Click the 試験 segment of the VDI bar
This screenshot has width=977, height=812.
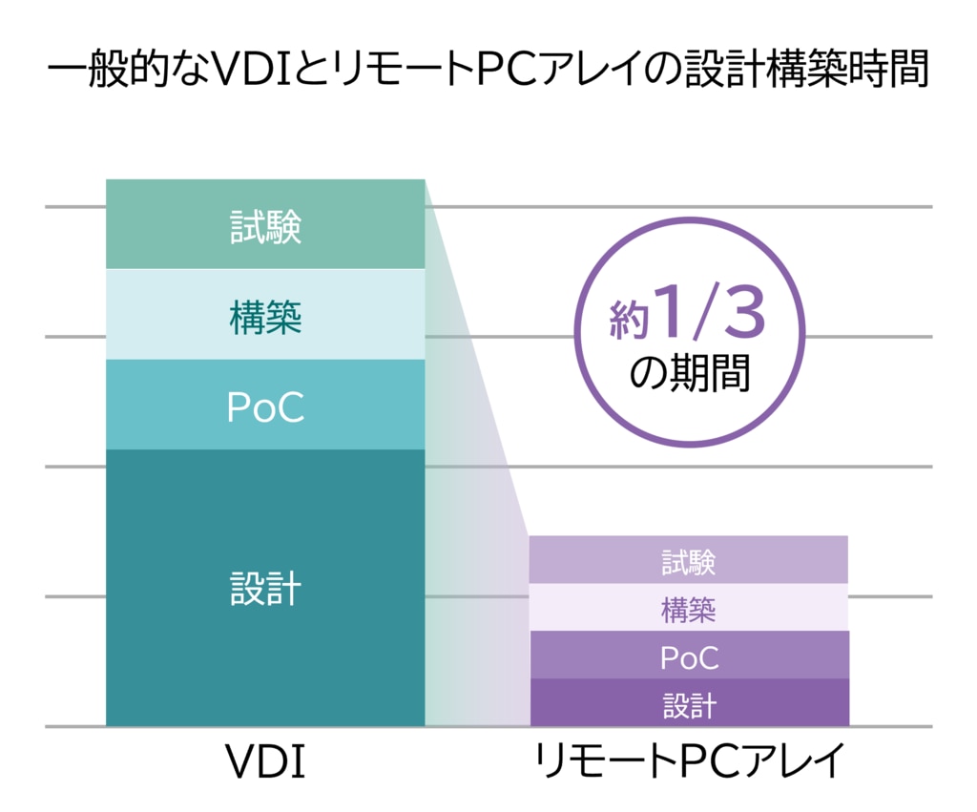point(265,224)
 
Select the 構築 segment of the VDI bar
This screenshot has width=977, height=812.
point(265,314)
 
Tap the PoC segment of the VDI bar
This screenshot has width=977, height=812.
point(265,405)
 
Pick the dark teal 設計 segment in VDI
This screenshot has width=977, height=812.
point(265,588)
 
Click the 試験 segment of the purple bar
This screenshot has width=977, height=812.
point(689,559)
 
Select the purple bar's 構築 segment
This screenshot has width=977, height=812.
point(689,607)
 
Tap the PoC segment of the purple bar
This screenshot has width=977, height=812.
point(689,655)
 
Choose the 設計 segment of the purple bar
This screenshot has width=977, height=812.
point(689,702)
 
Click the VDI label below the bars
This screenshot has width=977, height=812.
point(265,761)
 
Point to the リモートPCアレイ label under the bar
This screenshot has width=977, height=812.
point(689,760)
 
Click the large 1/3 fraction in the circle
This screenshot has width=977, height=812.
point(710,311)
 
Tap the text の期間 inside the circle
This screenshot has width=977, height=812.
point(689,373)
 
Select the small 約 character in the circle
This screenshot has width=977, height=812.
point(630,320)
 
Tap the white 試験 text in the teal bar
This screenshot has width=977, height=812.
point(266,226)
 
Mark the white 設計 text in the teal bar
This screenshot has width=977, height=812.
point(265,589)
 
